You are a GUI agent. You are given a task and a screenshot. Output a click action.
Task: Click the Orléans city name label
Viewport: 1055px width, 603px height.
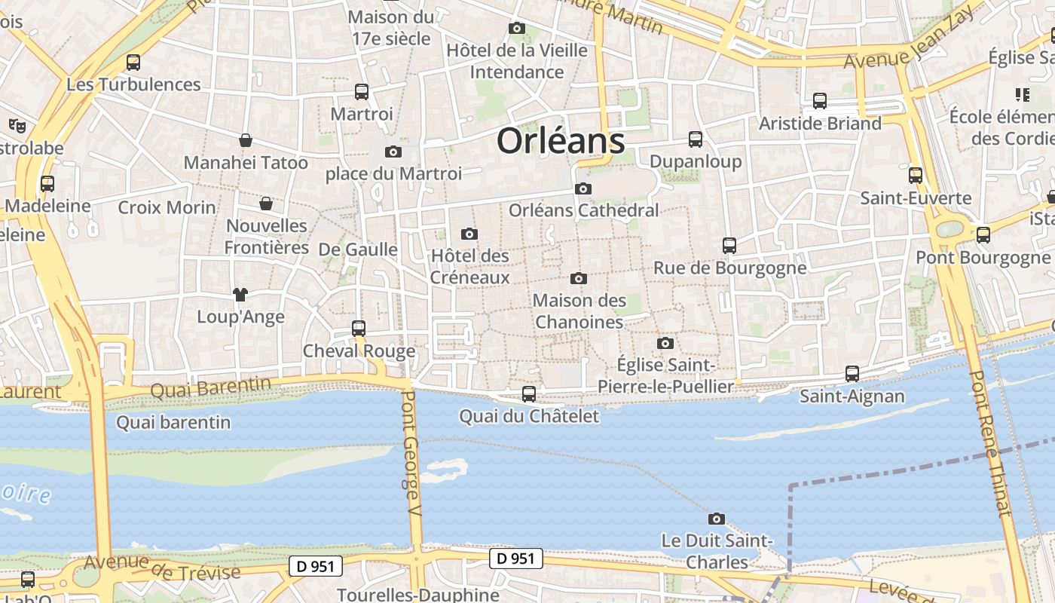pyautogui.click(x=561, y=141)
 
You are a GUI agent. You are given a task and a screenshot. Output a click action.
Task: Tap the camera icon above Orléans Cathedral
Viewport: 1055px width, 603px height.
pyautogui.click(x=583, y=188)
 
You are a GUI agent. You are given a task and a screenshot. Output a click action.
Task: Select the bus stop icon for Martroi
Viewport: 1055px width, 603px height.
pyautogui.click(x=362, y=92)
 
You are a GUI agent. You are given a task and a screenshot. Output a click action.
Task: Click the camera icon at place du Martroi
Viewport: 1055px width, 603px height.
pyautogui.click(x=393, y=152)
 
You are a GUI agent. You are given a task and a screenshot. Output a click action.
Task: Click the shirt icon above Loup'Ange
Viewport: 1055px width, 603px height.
pyautogui.click(x=240, y=294)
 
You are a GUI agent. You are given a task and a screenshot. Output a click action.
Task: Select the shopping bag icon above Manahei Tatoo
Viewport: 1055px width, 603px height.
pyautogui.click(x=246, y=140)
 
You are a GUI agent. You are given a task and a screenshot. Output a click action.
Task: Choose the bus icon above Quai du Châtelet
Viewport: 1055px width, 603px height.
pyautogui.click(x=529, y=393)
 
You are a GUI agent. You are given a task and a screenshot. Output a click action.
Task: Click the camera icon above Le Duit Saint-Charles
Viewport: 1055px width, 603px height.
pyautogui.click(x=717, y=519)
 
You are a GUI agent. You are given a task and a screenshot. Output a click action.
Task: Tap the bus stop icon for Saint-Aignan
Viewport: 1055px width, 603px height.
pyautogui.click(x=852, y=373)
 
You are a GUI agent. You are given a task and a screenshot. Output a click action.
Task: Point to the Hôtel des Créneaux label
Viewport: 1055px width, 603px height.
pyautogui.click(x=470, y=267)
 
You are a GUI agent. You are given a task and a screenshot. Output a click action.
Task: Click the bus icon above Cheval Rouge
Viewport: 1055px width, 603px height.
pyautogui.click(x=359, y=328)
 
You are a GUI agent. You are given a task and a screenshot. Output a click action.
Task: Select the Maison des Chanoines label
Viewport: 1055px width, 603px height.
pyautogui.click(x=579, y=311)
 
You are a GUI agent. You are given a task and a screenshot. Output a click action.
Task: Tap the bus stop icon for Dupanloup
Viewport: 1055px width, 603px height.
pyautogui.click(x=696, y=139)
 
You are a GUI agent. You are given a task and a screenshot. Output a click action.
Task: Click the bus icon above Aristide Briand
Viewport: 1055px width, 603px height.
pyautogui.click(x=820, y=100)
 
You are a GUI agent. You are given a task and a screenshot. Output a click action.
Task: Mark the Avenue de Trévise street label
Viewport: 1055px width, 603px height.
pyautogui.click(x=162, y=568)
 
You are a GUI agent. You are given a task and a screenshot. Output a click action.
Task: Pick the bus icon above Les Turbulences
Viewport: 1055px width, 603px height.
pyautogui.click(x=133, y=62)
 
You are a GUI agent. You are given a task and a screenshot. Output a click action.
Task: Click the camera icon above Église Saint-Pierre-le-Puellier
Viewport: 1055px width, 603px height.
pyautogui.click(x=665, y=344)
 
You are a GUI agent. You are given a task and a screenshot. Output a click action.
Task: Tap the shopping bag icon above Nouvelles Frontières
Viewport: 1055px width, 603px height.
pyautogui.click(x=266, y=204)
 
